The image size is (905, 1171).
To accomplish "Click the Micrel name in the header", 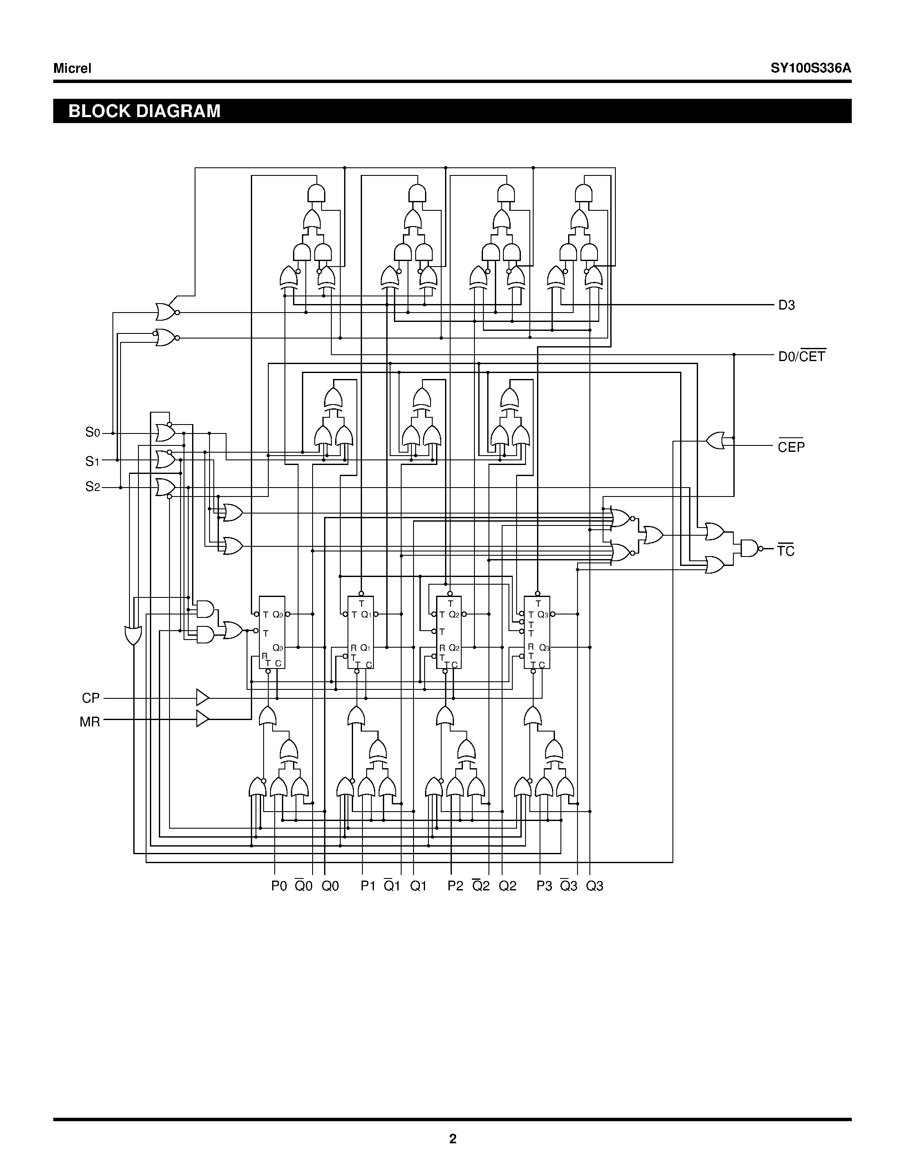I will (72, 68).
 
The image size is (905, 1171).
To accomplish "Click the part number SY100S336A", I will (810, 68).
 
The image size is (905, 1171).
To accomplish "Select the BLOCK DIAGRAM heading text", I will (144, 111).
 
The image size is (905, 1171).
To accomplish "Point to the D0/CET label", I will (802, 356).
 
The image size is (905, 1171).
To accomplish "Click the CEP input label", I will (791, 446).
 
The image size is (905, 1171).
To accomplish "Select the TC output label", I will (786, 551).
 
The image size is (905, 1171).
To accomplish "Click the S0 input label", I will (93, 432).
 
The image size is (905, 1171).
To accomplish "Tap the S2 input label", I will (93, 487).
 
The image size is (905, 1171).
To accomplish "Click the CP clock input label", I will (91, 698).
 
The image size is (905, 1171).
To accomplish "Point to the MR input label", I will (89, 722).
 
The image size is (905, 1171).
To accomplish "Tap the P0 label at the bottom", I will (279, 886).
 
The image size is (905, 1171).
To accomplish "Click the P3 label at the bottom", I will (544, 886).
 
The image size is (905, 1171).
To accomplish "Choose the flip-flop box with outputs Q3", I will (537, 632).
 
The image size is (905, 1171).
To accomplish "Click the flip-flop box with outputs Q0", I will (272, 632).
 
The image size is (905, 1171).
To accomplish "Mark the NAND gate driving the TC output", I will (750, 548).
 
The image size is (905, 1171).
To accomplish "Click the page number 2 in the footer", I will (452, 1139).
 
